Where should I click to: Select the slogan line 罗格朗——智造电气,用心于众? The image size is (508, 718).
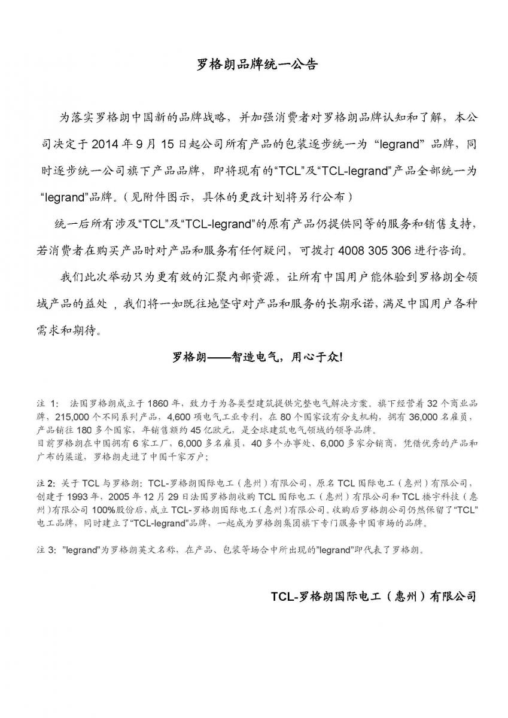coord(257,357)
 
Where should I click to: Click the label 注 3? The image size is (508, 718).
coord(47,552)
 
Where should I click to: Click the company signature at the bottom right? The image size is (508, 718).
coord(373,597)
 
